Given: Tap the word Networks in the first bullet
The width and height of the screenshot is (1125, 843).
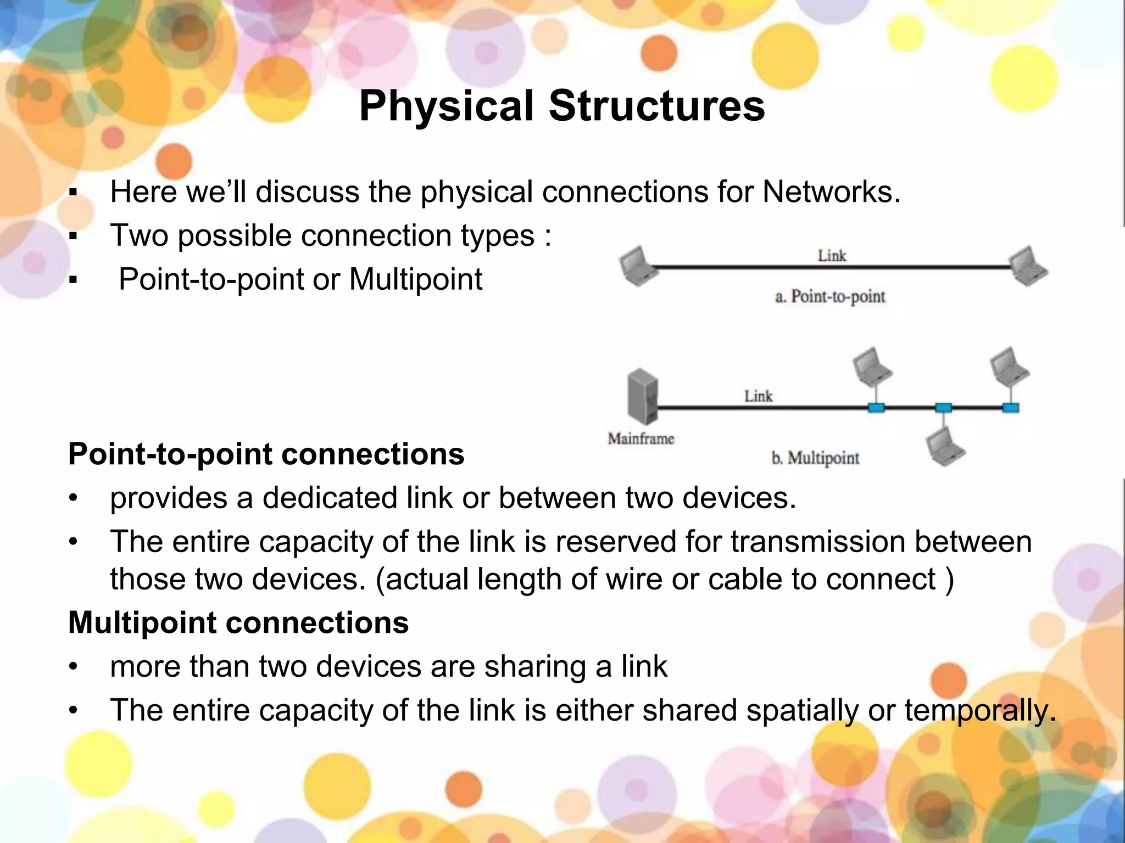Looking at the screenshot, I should click(830, 192).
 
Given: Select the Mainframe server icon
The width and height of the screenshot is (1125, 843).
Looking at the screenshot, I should click(642, 396).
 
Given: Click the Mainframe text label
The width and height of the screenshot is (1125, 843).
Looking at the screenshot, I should click(641, 439).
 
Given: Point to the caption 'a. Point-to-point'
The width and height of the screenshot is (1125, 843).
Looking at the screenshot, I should click(830, 297).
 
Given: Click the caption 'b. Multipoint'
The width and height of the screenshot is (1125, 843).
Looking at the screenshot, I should click(815, 458).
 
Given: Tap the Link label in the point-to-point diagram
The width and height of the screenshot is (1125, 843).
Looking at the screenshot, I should click(832, 256).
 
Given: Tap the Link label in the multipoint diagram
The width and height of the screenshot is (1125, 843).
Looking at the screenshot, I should click(758, 396).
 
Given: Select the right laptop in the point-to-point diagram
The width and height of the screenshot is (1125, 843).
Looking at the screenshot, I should click(1029, 266).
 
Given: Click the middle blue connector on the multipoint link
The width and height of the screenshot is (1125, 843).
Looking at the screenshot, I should click(943, 408).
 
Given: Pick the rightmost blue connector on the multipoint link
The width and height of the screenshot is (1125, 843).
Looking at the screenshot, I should click(1011, 408).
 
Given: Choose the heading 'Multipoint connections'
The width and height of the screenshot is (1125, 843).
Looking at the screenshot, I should click(238, 622).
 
